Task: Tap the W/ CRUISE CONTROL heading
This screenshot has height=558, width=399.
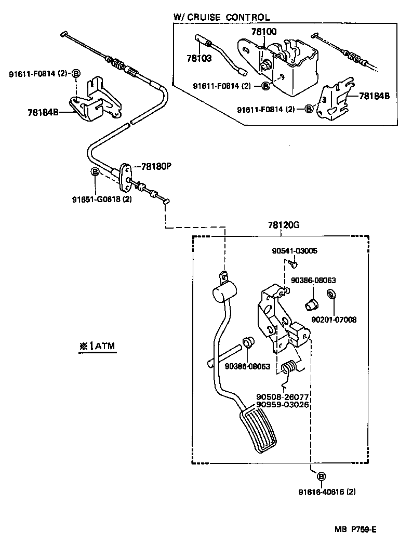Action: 221,17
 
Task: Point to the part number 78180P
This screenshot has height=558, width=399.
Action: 156,167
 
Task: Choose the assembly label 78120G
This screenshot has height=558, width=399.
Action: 284,225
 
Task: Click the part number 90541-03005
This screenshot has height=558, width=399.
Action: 294,251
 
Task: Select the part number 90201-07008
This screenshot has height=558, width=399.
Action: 334,320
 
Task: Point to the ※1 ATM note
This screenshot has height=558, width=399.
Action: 98,346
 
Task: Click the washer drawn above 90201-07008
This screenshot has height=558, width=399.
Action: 330,295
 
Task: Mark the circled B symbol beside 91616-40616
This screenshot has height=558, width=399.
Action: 321,476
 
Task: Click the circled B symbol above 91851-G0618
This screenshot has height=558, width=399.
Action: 95,172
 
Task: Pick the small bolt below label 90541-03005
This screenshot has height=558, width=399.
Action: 294,264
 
